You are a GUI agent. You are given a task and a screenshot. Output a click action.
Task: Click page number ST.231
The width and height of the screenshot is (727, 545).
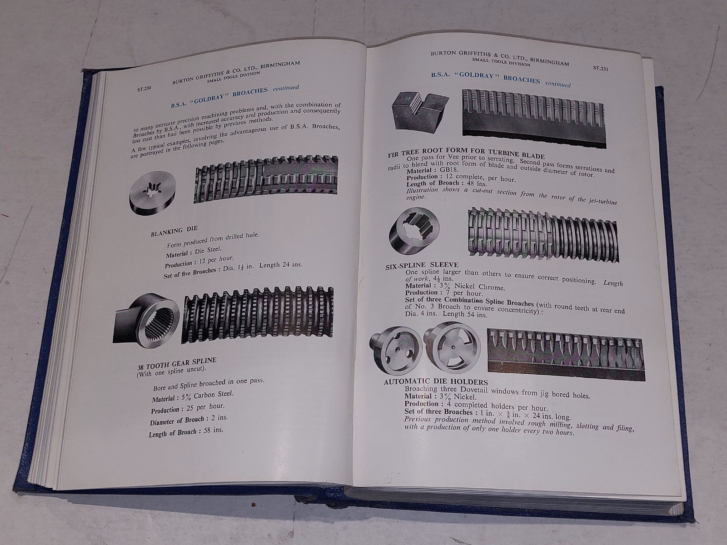coord(601,69)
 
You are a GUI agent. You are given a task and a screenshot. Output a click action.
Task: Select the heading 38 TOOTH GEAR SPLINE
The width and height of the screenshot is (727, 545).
coord(177,363)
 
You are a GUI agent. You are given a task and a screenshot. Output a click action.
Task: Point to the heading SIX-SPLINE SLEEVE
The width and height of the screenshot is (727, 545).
coord(415,264)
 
